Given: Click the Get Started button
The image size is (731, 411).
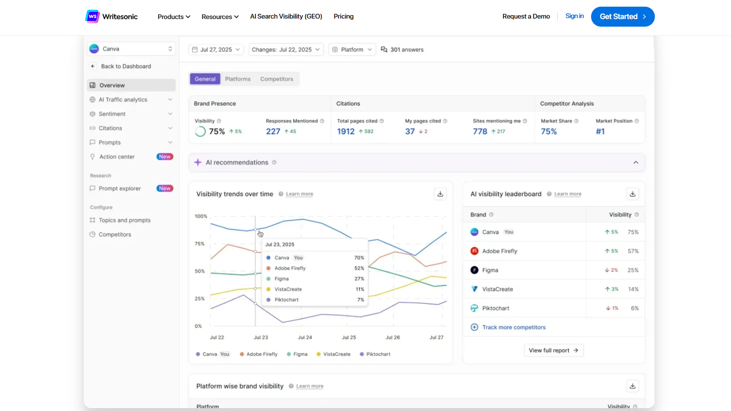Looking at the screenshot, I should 622,17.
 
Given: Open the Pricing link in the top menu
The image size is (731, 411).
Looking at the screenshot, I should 344,17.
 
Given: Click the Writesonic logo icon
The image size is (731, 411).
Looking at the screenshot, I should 92,17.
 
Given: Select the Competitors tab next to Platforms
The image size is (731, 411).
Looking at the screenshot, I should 277,79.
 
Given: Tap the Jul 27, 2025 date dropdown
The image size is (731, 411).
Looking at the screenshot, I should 217,49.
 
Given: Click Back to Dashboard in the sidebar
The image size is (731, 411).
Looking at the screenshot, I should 126,67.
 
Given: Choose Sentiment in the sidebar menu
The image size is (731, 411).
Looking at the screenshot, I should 112,114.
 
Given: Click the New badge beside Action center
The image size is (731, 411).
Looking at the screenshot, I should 165,157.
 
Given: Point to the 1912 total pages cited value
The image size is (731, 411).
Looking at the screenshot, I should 346,132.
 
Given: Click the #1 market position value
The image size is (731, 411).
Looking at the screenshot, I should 601,132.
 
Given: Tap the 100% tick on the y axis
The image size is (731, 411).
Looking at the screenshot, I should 201,216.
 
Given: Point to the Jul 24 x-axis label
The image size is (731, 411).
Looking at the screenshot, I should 305,338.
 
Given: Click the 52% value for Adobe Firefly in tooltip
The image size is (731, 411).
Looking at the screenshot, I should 359,268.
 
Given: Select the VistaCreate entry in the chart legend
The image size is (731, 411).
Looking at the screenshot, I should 336,354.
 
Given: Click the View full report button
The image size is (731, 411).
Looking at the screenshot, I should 553,351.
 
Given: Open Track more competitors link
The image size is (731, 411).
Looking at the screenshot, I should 514,327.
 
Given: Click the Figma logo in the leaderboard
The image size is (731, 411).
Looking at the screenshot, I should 474,270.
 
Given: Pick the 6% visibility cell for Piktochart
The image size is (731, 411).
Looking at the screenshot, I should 635,308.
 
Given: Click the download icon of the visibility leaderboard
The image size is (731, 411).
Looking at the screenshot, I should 632,194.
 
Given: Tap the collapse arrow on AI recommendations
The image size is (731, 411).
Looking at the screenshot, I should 636,163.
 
